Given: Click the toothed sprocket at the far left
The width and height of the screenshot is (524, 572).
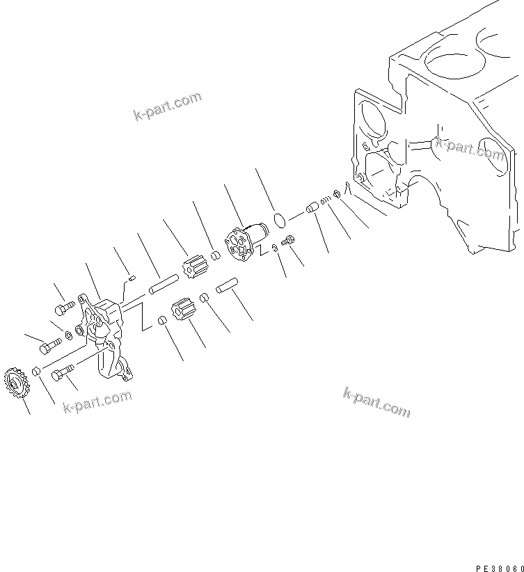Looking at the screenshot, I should (15, 381).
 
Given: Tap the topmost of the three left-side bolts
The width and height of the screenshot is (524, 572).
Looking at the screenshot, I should (63, 306).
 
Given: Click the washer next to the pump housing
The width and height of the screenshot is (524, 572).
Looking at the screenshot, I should (70, 336).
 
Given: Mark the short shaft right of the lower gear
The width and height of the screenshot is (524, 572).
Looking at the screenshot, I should (225, 287).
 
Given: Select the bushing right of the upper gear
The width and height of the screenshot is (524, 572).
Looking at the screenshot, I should (215, 255).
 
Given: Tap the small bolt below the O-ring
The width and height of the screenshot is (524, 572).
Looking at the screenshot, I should (290, 241).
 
